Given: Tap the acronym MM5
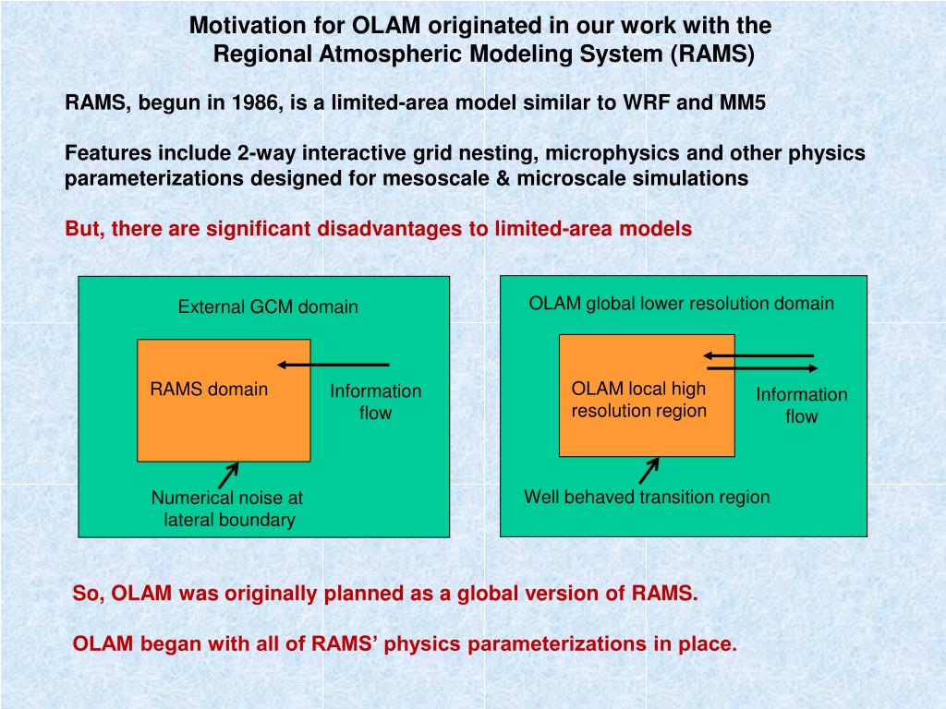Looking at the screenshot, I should pyautogui.click(x=742, y=102).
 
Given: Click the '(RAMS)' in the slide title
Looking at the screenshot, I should pyautogui.click(x=712, y=54).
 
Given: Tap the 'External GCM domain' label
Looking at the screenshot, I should pyautogui.click(x=268, y=307).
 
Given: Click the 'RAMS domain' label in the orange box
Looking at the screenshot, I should pyautogui.click(x=209, y=390).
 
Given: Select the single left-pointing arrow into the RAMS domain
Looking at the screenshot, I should pyautogui.click(x=334, y=365).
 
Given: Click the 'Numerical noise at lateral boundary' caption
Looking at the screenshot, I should pyautogui.click(x=227, y=509).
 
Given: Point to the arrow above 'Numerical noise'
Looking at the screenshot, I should pyautogui.click(x=228, y=475).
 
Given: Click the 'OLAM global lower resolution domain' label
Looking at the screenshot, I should pyautogui.click(x=681, y=304).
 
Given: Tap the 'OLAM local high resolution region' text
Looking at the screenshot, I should pyautogui.click(x=638, y=400).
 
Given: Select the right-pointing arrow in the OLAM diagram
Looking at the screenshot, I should pyautogui.click(x=761, y=369).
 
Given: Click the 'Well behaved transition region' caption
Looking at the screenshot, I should pyautogui.click(x=647, y=498).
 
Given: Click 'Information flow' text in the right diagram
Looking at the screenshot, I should pyautogui.click(x=801, y=405).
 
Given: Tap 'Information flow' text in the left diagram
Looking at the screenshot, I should pyautogui.click(x=375, y=402).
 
